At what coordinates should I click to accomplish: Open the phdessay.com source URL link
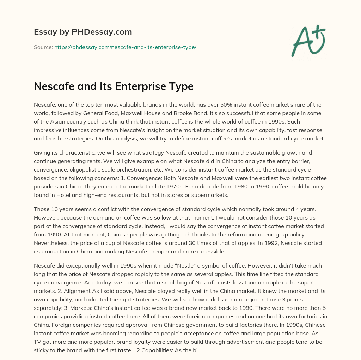pos(125,47)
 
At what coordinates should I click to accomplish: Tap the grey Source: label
pos(43,47)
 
